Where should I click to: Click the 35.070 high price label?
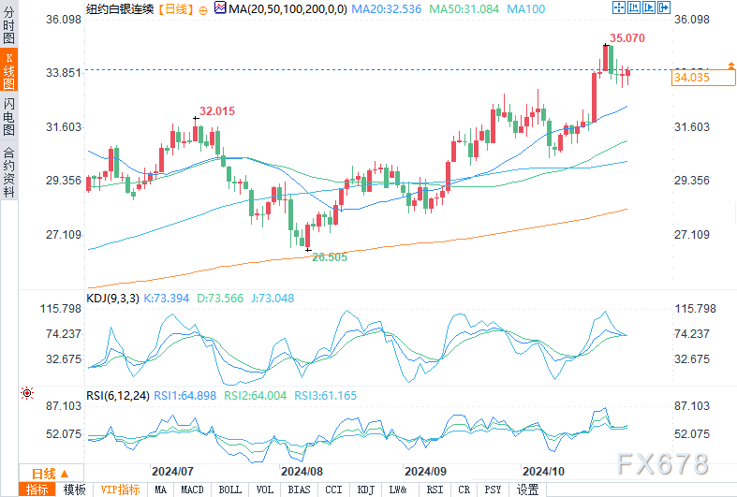click(x=627, y=38)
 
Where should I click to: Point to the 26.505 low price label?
click(x=329, y=256)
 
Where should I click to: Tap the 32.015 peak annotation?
click(x=217, y=110)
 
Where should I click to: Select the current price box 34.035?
click(x=691, y=78)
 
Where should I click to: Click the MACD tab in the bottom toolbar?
click(x=192, y=490)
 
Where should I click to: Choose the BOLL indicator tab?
click(x=229, y=490)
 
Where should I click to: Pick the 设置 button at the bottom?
click(x=528, y=490)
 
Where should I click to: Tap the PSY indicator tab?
click(x=492, y=490)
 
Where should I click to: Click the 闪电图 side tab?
click(x=8, y=115)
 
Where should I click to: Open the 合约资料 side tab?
click(x=8, y=171)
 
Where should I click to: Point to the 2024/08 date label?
click(x=302, y=471)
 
